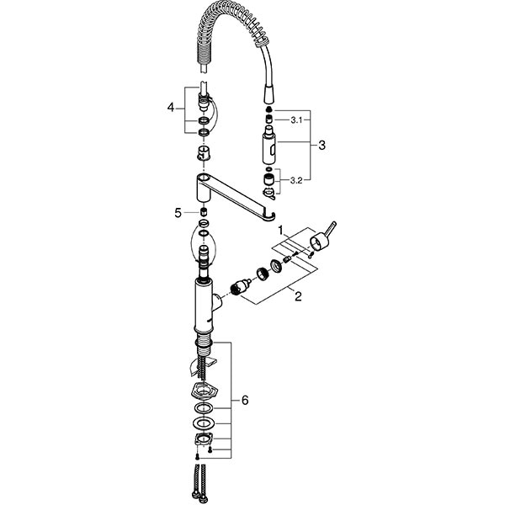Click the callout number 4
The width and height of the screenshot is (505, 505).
tap(171, 108)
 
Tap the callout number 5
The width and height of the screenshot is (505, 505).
tap(178, 213)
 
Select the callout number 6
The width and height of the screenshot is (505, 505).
tap(245, 401)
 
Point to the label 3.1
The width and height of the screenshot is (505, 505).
tap(295, 121)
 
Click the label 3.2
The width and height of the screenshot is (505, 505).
tap(295, 179)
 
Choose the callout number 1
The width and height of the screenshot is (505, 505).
tap(283, 229)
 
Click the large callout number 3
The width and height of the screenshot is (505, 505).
tap(322, 145)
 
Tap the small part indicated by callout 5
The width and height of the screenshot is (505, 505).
tap(203, 212)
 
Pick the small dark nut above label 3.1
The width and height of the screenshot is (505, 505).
tap(268, 110)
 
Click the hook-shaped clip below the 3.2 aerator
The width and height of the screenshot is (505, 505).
tap(268, 195)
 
